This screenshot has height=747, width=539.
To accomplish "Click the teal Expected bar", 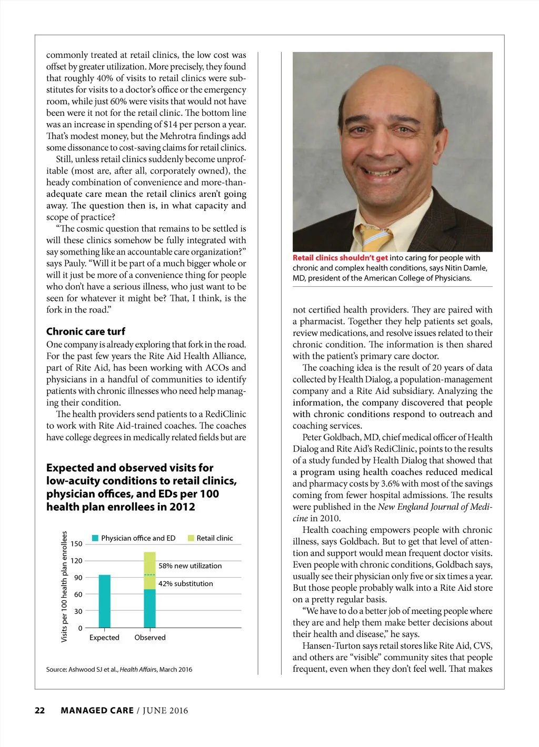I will point(105,601).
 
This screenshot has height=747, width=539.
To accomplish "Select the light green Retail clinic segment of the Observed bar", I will point(150,570).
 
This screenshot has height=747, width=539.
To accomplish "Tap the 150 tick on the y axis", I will point(77,544).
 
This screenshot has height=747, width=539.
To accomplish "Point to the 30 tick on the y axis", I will point(78,611).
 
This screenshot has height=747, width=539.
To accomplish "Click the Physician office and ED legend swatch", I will point(95,538).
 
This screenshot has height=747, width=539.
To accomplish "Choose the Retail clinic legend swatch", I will point(191,538).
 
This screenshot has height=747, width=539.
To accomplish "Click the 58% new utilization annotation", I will point(190,566).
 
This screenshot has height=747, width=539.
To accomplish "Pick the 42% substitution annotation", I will point(186,584).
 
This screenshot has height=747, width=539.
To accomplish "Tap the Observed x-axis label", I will point(150,638).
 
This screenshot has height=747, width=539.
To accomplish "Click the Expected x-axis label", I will point(104,638).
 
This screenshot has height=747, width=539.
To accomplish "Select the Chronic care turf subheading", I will point(86,331).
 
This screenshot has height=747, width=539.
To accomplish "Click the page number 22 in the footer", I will point(40,711).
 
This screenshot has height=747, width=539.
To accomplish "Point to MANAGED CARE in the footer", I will point(97,711).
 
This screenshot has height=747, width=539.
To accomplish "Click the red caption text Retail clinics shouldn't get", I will point(340,258).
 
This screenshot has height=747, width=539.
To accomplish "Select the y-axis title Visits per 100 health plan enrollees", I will point(64,587).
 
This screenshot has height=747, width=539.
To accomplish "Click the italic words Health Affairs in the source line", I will point(138,670).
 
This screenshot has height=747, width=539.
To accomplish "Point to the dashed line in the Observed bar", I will point(150,575).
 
